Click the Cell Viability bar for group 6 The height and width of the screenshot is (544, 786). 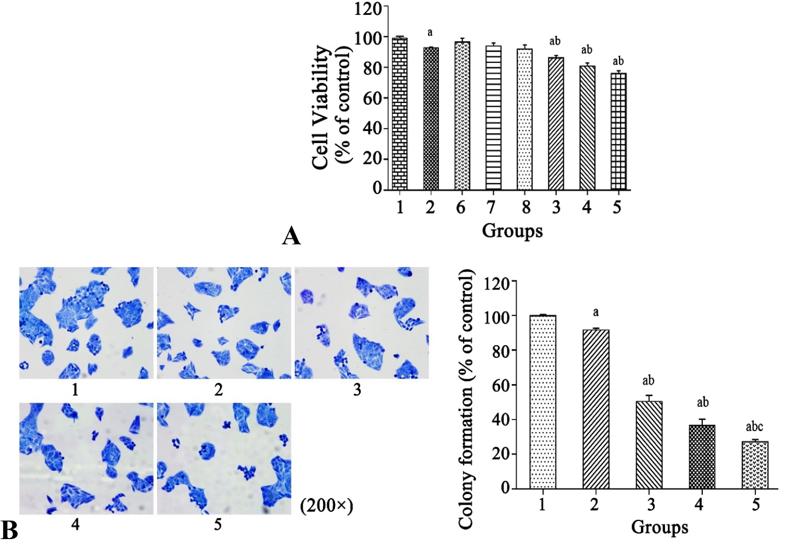[x=462, y=116]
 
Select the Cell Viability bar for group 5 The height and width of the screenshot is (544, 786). [x=619, y=131]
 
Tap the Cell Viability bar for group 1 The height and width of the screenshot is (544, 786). [x=400, y=114]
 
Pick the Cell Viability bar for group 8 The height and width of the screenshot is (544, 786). [x=524, y=119]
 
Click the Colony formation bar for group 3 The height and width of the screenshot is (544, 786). [x=649, y=445]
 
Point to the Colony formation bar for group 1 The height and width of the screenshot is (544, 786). [x=543, y=402]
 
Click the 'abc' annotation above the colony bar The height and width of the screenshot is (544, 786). [x=754, y=427]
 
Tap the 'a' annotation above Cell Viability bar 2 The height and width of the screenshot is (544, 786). [x=430, y=33]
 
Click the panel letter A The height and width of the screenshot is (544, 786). [x=291, y=236]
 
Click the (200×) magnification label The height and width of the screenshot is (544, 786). [x=326, y=506]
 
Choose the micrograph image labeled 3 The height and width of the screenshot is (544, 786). [x=362, y=323]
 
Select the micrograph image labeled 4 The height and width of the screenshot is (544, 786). [x=86, y=459]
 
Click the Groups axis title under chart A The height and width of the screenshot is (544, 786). [x=512, y=231]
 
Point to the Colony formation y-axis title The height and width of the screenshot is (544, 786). [x=466, y=399]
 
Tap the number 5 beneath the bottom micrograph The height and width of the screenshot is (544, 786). [x=217, y=525]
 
